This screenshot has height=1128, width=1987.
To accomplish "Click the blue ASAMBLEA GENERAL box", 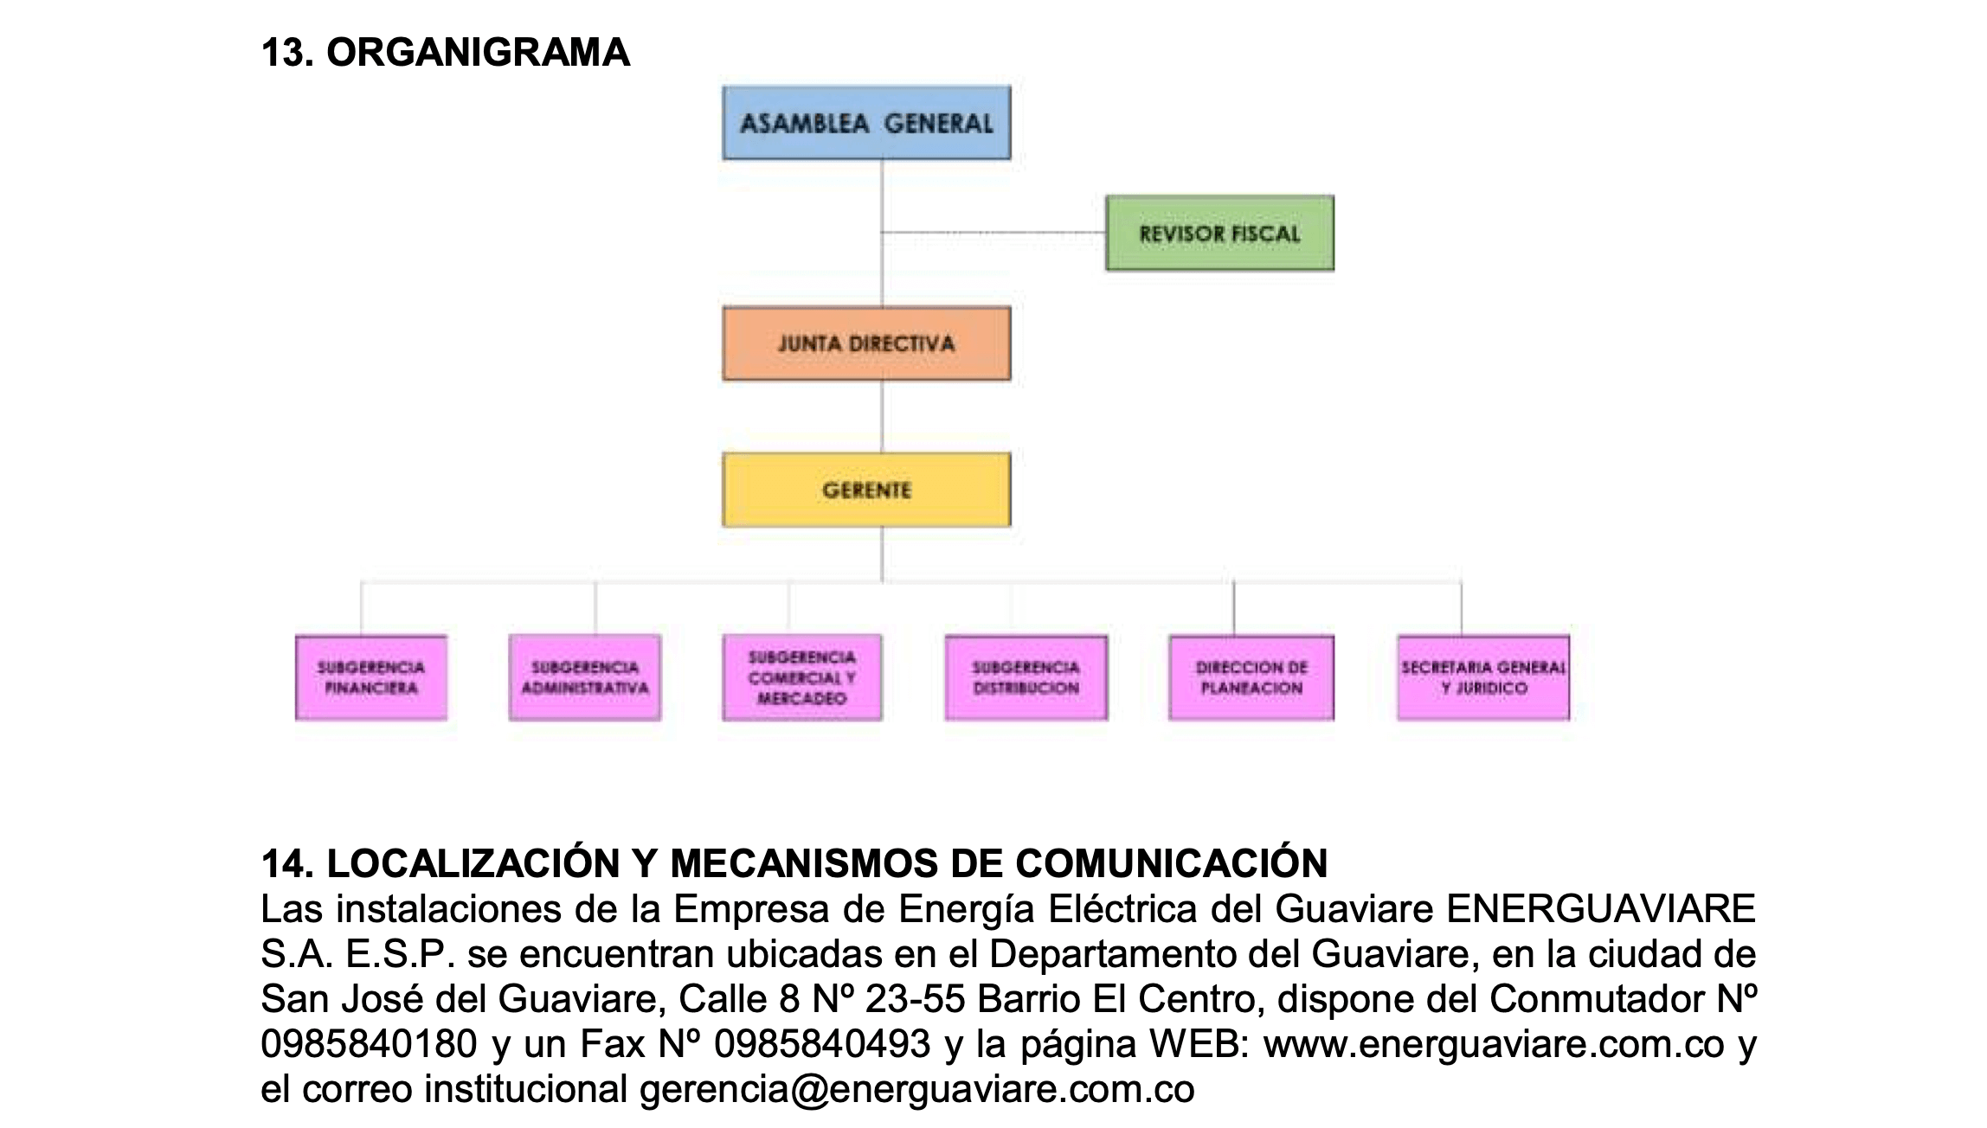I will tap(866, 123).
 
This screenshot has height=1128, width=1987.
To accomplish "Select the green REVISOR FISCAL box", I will tap(1219, 234).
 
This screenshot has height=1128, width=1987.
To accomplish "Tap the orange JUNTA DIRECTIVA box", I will tap(866, 344).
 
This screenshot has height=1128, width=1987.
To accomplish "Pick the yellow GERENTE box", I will tap(866, 490).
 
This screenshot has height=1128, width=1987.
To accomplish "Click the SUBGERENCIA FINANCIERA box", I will tap(371, 678).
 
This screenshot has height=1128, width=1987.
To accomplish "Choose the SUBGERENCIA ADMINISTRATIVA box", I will tap(585, 678).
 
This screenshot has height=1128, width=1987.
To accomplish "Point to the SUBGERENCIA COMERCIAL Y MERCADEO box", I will tap(802, 678).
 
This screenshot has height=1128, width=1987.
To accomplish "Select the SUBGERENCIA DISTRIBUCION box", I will tap(1026, 678).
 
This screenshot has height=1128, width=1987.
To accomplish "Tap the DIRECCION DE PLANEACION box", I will tap(1251, 678).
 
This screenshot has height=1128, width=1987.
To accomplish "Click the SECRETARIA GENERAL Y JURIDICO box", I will tap(1482, 678).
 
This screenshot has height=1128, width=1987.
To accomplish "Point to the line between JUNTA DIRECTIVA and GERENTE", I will tap(882, 417).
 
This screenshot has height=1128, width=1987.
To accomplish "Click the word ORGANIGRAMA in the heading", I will tap(478, 53).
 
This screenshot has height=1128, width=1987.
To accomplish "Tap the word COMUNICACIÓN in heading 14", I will tap(1171, 862).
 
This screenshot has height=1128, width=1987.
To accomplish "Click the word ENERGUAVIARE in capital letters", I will tap(1601, 908).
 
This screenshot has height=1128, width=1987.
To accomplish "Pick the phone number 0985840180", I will tap(369, 1044).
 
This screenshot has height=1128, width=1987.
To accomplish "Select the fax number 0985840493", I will tap(821, 1044).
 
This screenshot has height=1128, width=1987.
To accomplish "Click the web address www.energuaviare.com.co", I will tap(1494, 1044).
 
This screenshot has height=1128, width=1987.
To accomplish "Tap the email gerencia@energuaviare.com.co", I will tap(916, 1089).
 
